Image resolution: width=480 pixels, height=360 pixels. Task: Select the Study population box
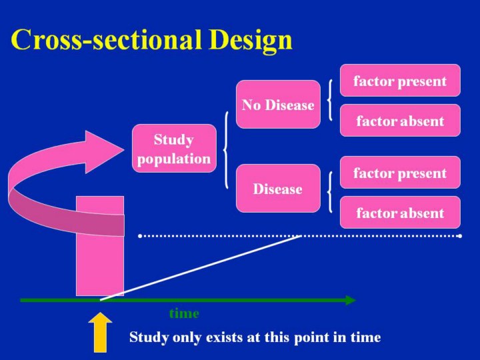coord(174,149)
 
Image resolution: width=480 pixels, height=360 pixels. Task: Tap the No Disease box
coord(277,105)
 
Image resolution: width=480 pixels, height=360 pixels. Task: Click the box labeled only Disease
coord(277,189)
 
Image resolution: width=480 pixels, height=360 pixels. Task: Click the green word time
coord(184,313)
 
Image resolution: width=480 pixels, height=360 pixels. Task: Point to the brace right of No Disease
coord(331,101)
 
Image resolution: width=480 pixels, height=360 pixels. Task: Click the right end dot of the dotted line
coord(460,236)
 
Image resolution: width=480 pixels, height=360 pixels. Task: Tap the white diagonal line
coord(200,269)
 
